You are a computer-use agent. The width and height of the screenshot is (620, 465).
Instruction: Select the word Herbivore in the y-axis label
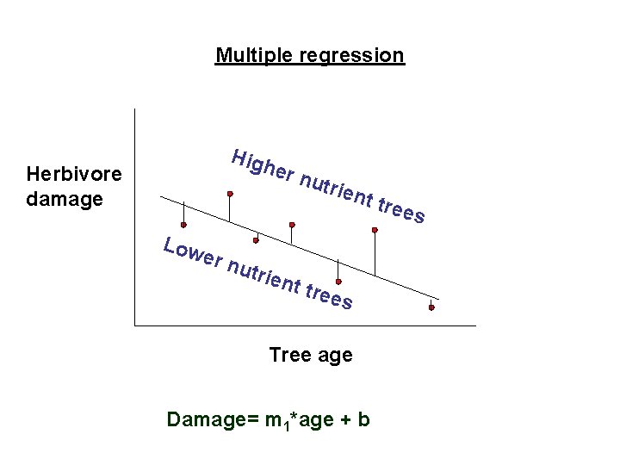[74, 175]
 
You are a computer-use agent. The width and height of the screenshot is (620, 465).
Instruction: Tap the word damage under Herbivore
[65, 199]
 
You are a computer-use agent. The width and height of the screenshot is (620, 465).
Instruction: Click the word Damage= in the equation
[207, 419]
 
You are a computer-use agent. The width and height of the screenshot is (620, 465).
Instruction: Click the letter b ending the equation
[364, 419]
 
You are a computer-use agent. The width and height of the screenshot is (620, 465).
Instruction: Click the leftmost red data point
[183, 226]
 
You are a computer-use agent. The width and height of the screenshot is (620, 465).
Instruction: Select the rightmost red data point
[431, 307]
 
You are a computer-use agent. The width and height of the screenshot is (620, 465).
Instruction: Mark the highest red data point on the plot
[230, 194]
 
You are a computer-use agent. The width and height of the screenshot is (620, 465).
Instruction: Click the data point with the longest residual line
[375, 230]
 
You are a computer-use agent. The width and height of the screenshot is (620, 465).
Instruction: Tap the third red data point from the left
[256, 240]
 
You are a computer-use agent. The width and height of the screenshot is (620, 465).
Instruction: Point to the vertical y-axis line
[135, 215]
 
